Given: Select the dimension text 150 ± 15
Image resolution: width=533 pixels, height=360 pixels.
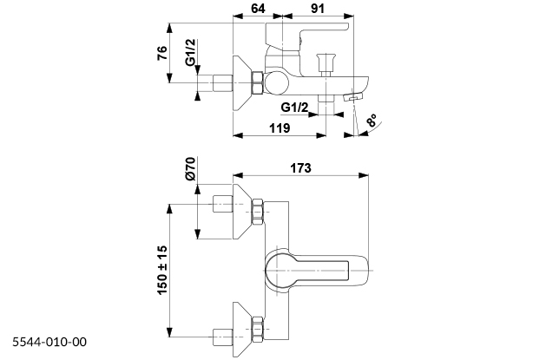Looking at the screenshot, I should [162, 269].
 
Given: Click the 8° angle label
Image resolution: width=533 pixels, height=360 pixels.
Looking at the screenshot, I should [372, 122].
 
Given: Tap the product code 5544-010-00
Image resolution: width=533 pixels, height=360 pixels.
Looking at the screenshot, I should [49, 342].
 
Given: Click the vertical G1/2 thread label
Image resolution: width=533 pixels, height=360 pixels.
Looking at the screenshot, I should [190, 57].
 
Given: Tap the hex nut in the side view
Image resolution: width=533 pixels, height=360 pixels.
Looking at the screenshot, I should [257, 83].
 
